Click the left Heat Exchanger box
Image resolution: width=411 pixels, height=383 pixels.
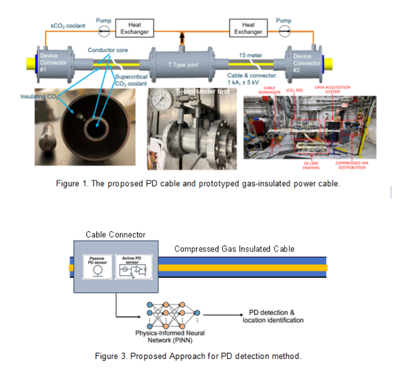pyautogui.click(x=135, y=28)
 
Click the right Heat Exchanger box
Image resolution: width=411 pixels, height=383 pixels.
pyautogui.click(x=248, y=28)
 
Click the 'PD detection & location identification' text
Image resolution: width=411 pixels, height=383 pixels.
pyautogui.click(x=273, y=316)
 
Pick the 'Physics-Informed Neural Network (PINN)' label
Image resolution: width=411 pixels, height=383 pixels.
pyautogui.click(x=170, y=336)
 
